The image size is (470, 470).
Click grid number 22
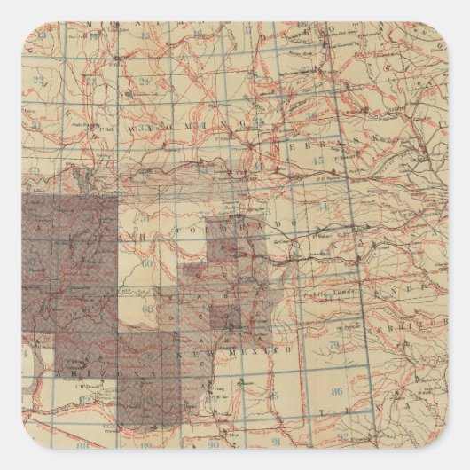point(37,81)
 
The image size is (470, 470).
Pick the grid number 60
point(147,262)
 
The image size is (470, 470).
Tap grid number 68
point(148,309)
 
